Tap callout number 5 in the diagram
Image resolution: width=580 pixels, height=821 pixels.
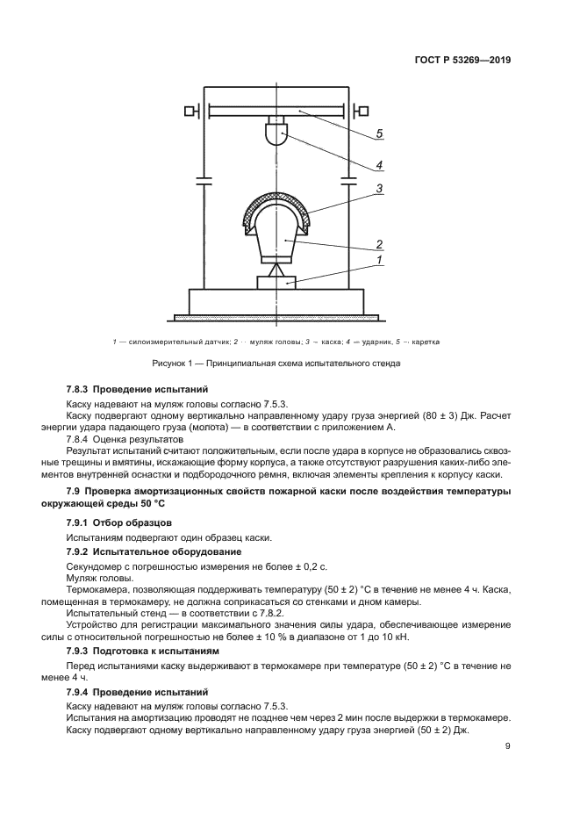click(x=379, y=133)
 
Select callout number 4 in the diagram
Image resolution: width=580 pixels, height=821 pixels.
click(x=379, y=164)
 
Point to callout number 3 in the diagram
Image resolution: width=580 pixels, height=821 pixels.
click(x=379, y=188)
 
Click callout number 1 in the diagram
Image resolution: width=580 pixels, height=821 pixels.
click(x=379, y=261)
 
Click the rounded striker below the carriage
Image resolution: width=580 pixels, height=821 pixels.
click(x=276, y=134)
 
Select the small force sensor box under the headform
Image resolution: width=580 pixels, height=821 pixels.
click(x=276, y=283)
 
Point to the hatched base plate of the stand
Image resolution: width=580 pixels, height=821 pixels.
click(x=276, y=317)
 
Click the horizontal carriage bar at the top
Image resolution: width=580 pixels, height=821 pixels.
click(x=276, y=111)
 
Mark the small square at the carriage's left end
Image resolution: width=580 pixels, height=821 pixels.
click(x=189, y=111)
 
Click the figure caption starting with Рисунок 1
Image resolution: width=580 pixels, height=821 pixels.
click(x=276, y=362)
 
